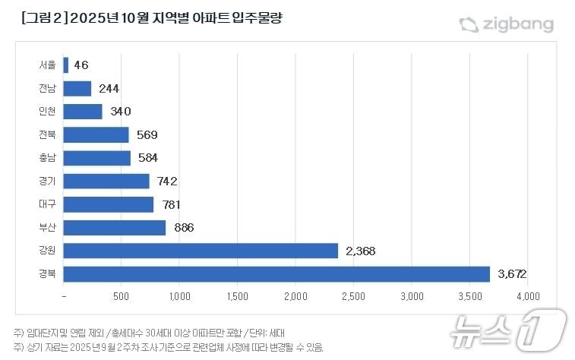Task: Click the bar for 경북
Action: pos(276,273)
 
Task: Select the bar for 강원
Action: pos(201,251)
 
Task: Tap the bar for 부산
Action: pos(114,227)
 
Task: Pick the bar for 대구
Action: pos(108,204)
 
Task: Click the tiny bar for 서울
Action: pos(66,65)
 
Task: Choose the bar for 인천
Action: pos(82,112)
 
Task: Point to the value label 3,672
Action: pos(512,273)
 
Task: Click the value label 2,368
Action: pos(360,251)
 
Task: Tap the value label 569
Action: pos(147,135)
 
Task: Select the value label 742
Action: pos(167,182)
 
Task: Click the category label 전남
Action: pos(47,89)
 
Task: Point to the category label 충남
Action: pos(47,158)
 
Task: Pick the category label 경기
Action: pos(47,182)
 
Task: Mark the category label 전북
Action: pos(47,135)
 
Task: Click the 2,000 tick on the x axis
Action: pos(295,295)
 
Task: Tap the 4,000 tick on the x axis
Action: pos(527,295)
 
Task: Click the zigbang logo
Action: pos(506,24)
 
